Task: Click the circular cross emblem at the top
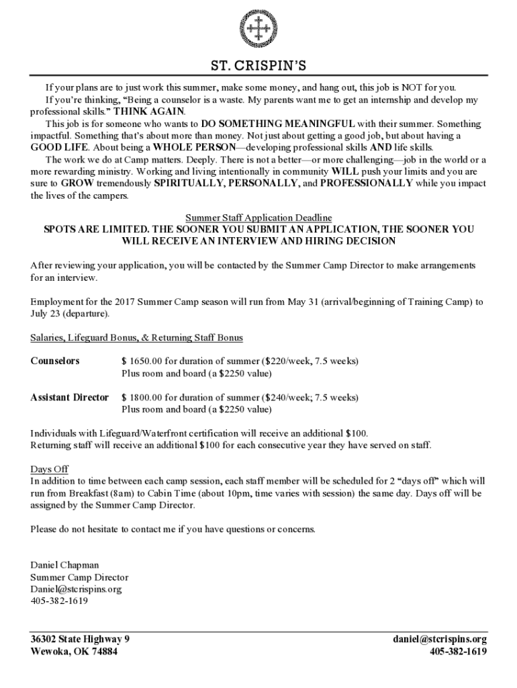[258, 28]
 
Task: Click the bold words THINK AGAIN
[154, 112]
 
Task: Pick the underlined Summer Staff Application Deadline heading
[258, 218]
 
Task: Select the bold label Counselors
[55, 361]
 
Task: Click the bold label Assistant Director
[69, 397]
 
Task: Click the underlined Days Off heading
[49, 469]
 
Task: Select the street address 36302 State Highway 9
[80, 639]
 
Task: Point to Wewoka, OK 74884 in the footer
[74, 651]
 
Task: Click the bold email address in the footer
[440, 639]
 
